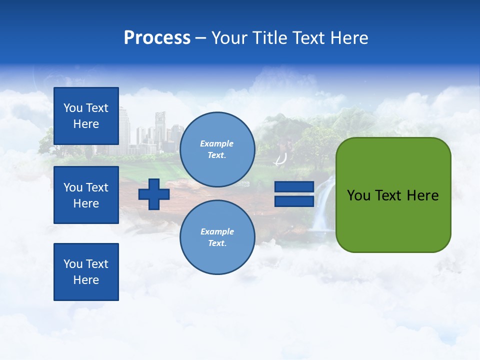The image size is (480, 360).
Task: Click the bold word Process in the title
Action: click(x=157, y=38)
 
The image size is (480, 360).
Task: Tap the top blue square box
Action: click(x=86, y=115)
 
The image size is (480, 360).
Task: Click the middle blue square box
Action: click(x=86, y=195)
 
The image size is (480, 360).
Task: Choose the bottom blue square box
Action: click(x=86, y=272)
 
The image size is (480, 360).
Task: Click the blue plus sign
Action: click(x=154, y=194)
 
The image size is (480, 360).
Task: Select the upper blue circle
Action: click(x=217, y=149)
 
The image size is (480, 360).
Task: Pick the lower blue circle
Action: click(x=217, y=237)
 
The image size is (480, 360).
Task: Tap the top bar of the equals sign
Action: click(x=294, y=187)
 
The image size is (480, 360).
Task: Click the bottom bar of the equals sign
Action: click(x=294, y=201)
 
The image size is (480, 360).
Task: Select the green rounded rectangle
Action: click(x=393, y=220)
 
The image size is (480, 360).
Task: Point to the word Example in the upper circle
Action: click(x=217, y=144)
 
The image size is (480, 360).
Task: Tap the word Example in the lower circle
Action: click(x=217, y=232)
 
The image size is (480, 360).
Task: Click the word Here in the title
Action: click(x=348, y=38)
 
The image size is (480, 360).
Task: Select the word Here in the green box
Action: click(x=422, y=195)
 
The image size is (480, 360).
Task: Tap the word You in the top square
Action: click(x=73, y=108)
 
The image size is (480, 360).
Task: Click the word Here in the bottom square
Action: click(x=86, y=280)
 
